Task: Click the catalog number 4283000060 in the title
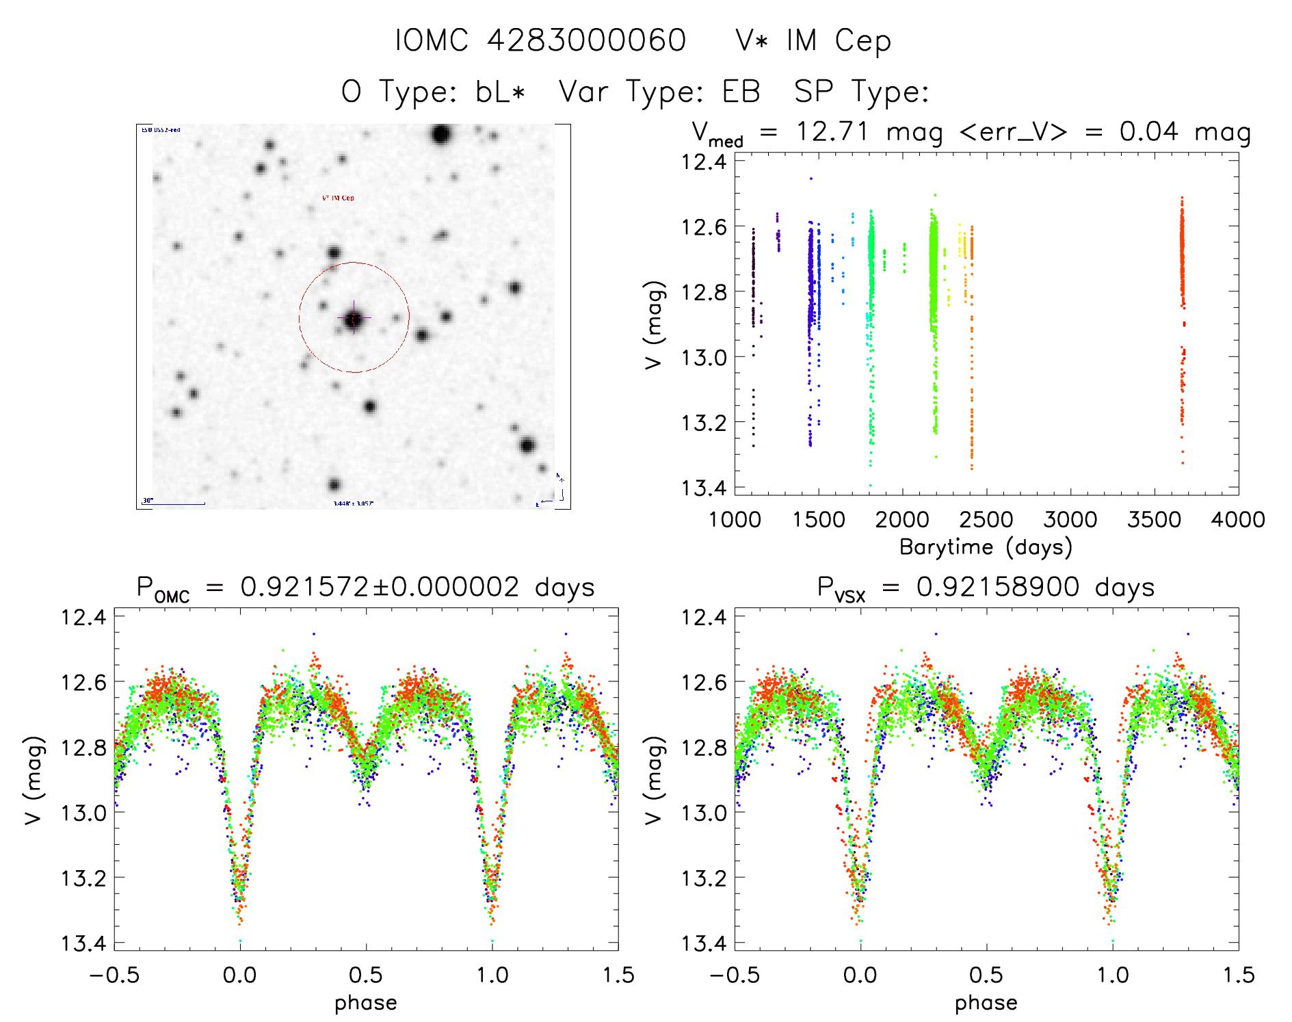tap(586, 40)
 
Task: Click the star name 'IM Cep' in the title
tap(839, 40)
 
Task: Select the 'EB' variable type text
tap(741, 92)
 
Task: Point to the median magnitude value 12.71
tap(832, 131)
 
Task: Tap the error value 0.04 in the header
tap(1148, 131)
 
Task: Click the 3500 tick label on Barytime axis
tap(1154, 519)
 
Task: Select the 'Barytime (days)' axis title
tap(986, 547)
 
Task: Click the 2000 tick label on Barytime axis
tap(902, 519)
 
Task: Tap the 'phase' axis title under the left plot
tap(366, 1003)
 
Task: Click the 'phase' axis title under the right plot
tap(986, 1003)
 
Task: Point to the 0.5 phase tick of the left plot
tap(366, 975)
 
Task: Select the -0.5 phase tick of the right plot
tap(734, 975)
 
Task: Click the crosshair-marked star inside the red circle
tap(354, 318)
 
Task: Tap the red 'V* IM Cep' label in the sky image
tap(338, 198)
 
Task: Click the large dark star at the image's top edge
tap(441, 134)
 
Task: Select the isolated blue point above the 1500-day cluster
tap(811, 179)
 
